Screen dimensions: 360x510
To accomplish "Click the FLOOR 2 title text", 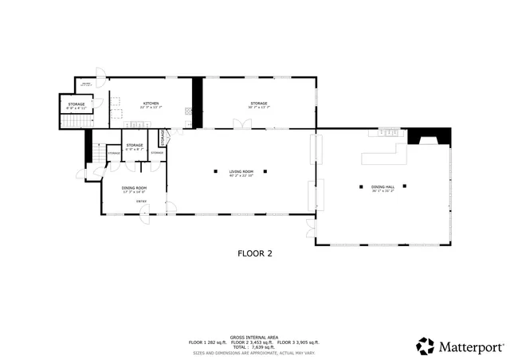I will click(255, 253).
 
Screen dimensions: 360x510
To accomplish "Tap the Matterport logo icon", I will click(426, 346).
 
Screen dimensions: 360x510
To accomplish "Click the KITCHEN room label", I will click(151, 104).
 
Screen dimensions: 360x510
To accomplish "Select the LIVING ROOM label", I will click(241, 171).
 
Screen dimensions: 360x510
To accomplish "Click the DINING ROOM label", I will click(134, 188).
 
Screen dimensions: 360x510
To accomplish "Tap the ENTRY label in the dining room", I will click(140, 202).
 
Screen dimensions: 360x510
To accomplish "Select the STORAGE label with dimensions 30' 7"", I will click(259, 104).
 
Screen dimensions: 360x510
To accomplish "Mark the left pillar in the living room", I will click(216, 171).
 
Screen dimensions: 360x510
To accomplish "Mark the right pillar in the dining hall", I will click(405, 186).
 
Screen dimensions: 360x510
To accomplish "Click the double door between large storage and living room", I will click(240, 124).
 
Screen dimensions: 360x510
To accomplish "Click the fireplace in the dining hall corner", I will click(419, 137).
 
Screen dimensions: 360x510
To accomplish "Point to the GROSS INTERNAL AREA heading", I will click(254, 337).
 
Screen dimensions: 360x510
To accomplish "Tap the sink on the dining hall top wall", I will click(389, 131).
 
